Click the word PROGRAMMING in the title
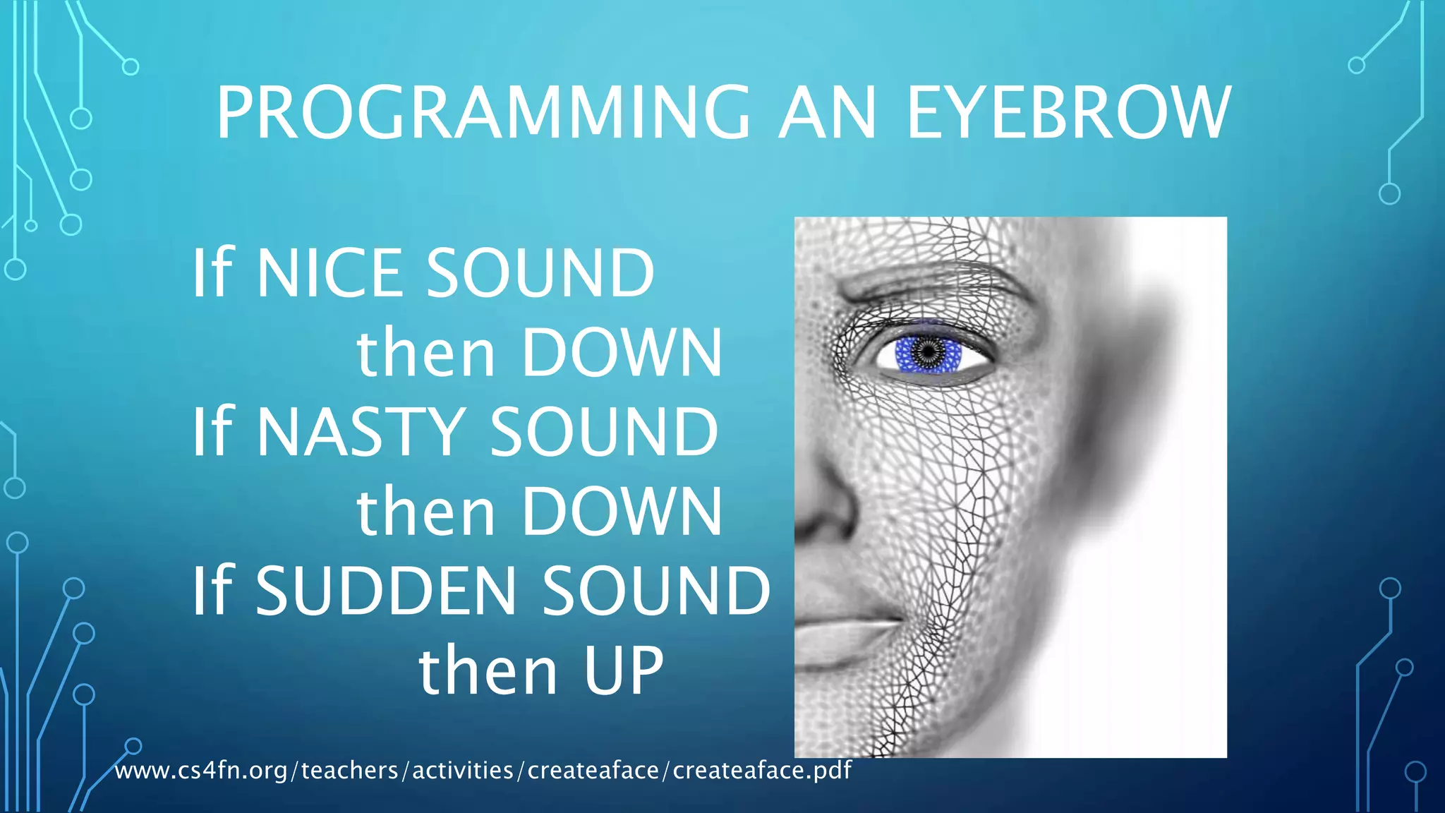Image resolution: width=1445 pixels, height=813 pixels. (x=483, y=113)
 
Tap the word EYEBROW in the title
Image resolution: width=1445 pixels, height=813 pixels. (x=1068, y=113)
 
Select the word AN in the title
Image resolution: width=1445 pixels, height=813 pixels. (x=827, y=113)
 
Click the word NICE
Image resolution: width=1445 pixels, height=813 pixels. (x=329, y=273)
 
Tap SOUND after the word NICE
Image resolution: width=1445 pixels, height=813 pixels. (x=540, y=273)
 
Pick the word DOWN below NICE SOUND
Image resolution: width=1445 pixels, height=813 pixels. (x=622, y=353)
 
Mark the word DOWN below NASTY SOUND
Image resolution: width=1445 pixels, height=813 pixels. (x=622, y=512)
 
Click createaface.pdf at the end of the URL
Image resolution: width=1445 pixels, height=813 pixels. (x=762, y=771)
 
